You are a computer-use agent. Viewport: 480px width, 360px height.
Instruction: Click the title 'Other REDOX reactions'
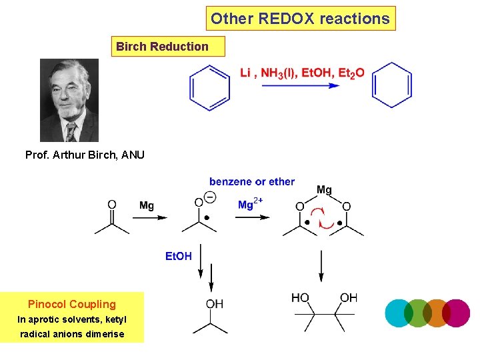click(300, 19)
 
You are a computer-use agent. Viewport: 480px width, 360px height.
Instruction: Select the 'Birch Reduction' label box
click(162, 47)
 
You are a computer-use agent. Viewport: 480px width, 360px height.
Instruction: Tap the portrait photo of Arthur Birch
click(69, 100)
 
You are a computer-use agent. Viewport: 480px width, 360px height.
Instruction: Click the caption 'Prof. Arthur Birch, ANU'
click(85, 155)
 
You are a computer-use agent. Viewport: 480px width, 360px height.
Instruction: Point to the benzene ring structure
click(210, 87)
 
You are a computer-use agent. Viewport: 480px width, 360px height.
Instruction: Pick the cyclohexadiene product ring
click(392, 85)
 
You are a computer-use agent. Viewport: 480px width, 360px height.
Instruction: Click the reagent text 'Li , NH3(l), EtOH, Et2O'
click(302, 73)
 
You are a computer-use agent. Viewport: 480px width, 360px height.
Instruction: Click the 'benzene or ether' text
click(251, 181)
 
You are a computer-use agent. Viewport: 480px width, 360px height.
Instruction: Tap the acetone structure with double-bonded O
click(112, 217)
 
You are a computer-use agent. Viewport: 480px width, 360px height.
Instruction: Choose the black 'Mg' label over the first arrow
click(147, 205)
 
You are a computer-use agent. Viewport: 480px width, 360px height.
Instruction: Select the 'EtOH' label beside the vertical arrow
click(179, 256)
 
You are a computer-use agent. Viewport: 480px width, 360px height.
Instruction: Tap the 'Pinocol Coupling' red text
click(72, 304)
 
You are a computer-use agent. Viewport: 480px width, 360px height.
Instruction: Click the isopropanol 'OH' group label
click(215, 304)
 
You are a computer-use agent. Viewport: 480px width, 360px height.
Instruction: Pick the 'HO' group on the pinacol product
click(300, 298)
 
